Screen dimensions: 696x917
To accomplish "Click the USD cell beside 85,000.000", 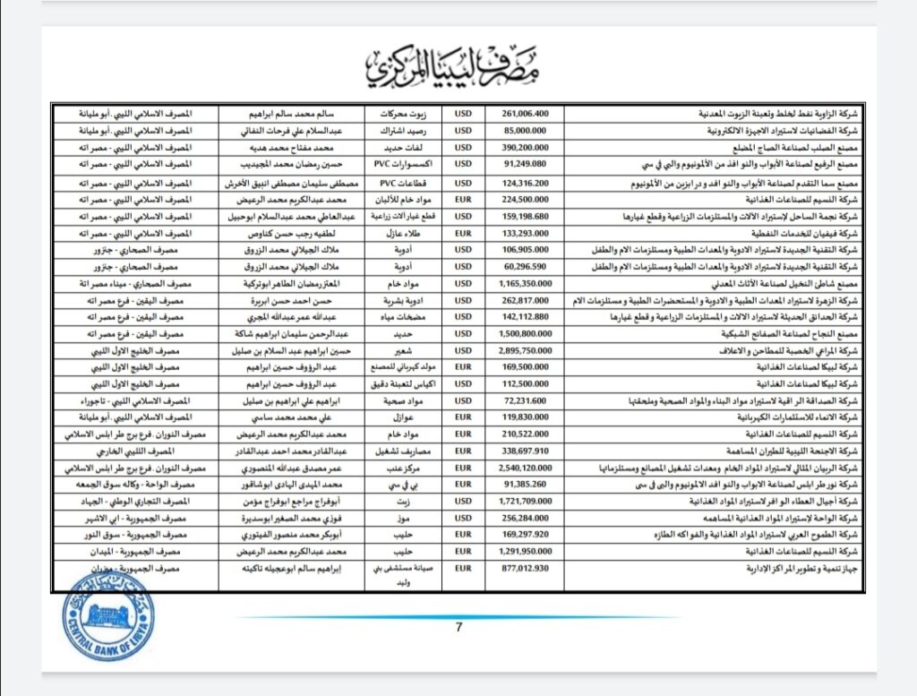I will (x=464, y=130).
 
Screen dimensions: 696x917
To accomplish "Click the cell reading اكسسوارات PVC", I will (x=403, y=164).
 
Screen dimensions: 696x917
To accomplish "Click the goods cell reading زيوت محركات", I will (x=403, y=115).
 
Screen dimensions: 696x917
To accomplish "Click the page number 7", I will (x=458, y=627).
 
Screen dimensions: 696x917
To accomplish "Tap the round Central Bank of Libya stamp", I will (x=107, y=615).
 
